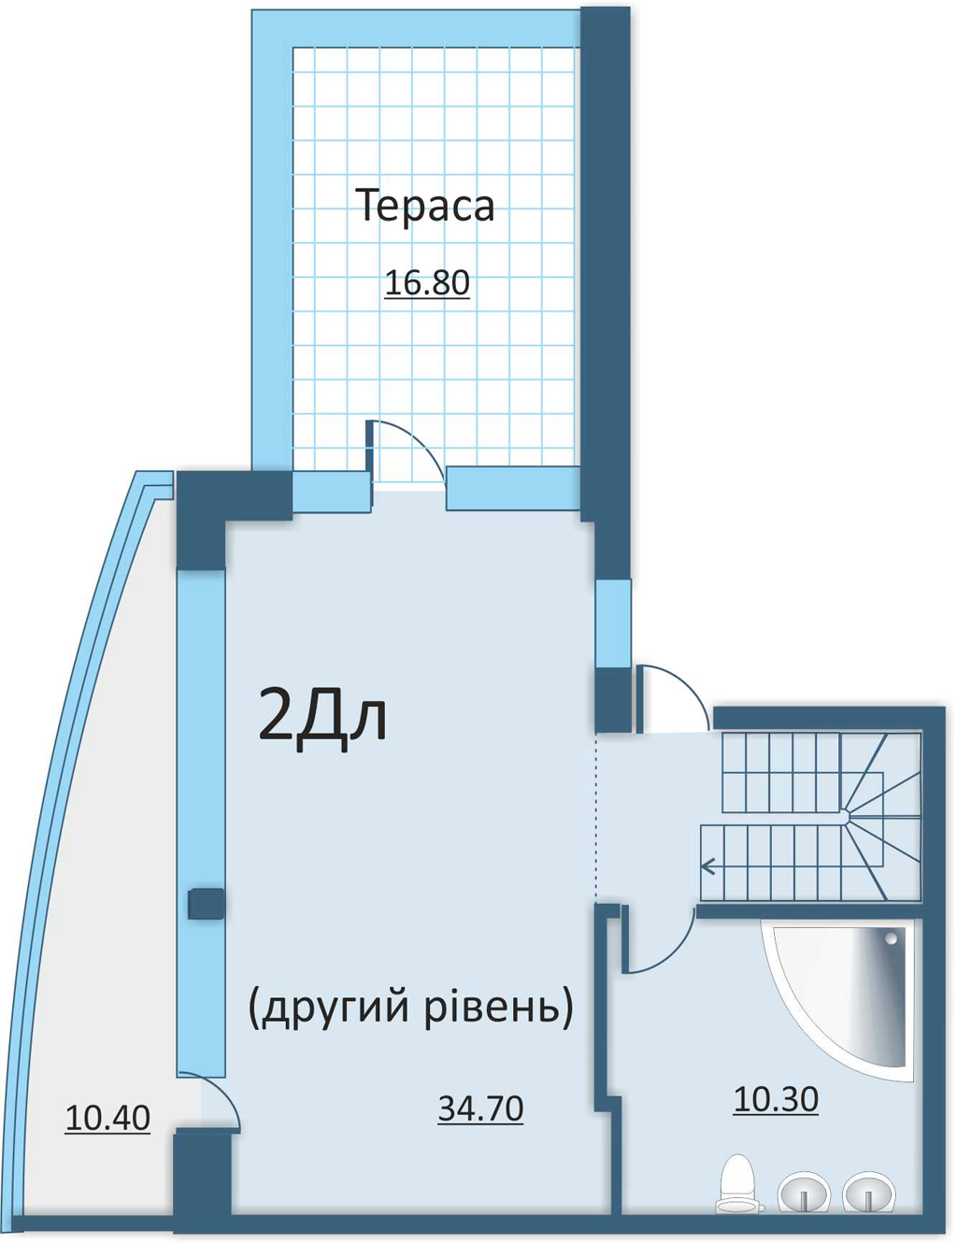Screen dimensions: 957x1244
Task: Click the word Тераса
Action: pos(424,206)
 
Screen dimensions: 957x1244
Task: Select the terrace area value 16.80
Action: pos(427,282)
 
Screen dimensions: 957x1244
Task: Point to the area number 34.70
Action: pos(480,1108)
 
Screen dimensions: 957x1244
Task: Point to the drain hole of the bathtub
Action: pos(892,938)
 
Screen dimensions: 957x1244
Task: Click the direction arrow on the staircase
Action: pos(708,866)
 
